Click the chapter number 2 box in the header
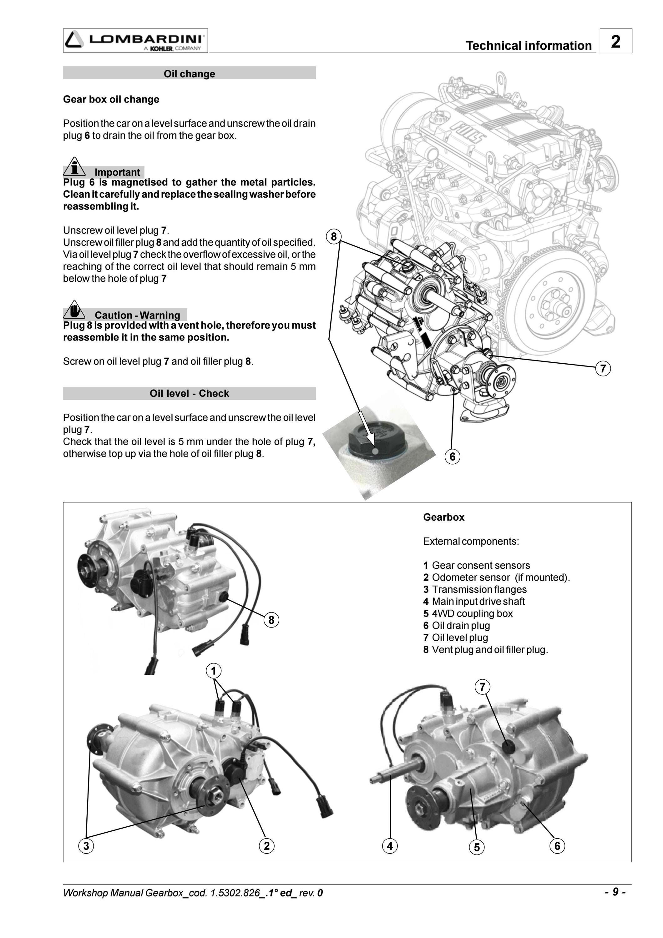(615, 41)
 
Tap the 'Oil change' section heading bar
(189, 73)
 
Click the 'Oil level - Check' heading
(189, 393)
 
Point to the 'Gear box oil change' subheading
(111, 99)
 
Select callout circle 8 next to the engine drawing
(334, 237)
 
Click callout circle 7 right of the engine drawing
(603, 369)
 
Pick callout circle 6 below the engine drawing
(452, 456)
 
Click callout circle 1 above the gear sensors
(214, 671)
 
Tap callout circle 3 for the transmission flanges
(86, 846)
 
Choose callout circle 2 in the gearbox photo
(267, 846)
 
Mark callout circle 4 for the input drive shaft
(390, 846)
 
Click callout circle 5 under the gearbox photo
(477, 847)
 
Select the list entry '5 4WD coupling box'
(468, 613)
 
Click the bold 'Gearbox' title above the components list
(444, 517)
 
